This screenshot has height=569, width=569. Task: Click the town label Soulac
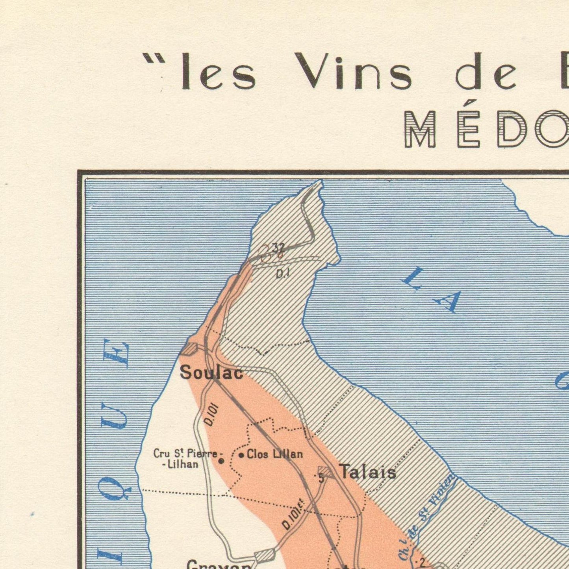[211, 373]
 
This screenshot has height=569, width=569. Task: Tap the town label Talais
[367, 471]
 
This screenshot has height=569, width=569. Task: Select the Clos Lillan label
[275, 454]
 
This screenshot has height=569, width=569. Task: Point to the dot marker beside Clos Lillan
[241, 455]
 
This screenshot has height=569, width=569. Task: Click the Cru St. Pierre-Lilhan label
[185, 459]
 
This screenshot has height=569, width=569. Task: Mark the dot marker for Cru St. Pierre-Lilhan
[221, 461]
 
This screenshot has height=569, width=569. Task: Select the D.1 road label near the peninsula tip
[283, 273]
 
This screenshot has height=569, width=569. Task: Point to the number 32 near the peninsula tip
[278, 248]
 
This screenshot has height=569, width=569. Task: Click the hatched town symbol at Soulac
[190, 348]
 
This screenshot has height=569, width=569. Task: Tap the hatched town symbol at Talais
[326, 471]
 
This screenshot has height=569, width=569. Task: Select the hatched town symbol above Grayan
[265, 555]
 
